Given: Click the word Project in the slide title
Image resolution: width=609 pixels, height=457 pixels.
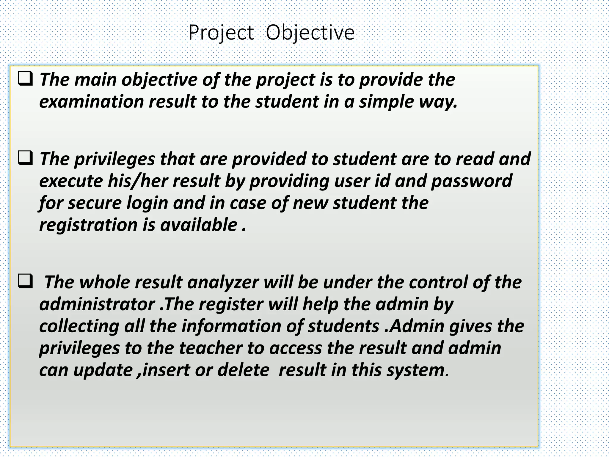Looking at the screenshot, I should point(221,33).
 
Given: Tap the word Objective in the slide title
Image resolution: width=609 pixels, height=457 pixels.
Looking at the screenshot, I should point(310,33).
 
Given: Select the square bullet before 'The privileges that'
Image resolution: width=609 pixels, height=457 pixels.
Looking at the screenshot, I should point(25,158).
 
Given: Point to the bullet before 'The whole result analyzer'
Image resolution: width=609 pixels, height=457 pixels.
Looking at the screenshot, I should point(25,281).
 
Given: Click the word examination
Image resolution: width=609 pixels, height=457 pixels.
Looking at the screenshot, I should point(92,102).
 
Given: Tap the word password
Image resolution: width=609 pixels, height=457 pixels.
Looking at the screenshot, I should point(472,181).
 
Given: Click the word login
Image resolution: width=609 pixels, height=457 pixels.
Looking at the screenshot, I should point(147,204).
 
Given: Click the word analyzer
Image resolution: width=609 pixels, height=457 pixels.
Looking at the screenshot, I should point(223,282).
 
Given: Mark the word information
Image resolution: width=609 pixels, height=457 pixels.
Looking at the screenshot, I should point(231,326).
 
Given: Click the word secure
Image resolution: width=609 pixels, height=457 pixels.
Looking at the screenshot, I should point(95,204).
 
